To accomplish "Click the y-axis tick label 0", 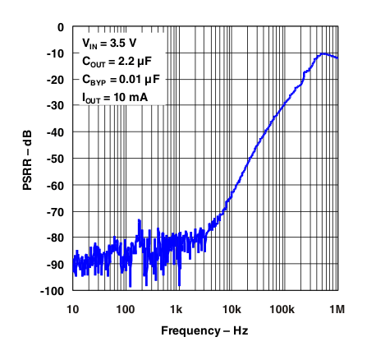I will click(60, 27).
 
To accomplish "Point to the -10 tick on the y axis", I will click(55, 53).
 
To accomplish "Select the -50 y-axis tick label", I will click(55, 159).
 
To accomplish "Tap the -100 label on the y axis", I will click(53, 291).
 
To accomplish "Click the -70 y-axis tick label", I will click(55, 212).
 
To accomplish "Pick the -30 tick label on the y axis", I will click(55, 106).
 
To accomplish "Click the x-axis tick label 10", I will click(72, 308).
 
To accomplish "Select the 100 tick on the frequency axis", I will click(125, 308).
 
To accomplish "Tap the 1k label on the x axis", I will click(177, 308).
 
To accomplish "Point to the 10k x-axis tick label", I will click(231, 308).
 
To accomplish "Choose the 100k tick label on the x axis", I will click(283, 308).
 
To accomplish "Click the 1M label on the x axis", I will click(337, 308).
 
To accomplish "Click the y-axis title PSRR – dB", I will click(27, 158).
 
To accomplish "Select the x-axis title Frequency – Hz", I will click(204, 330).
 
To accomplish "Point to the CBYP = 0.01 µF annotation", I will click(121, 79).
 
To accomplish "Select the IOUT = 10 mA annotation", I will click(115, 97).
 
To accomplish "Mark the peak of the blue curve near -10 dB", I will click(323, 53).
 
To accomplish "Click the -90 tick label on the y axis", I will click(55, 265).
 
